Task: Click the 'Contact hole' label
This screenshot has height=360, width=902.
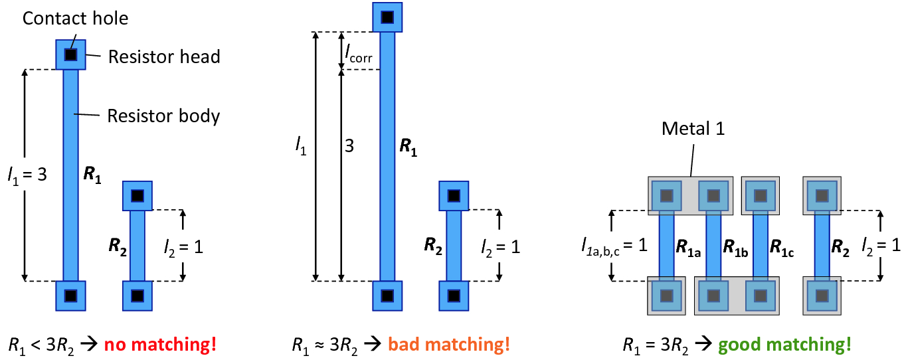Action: tap(75, 18)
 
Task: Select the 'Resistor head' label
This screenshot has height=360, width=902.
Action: tap(164, 57)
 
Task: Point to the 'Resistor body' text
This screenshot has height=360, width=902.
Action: tap(163, 116)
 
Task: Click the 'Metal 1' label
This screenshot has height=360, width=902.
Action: tap(693, 128)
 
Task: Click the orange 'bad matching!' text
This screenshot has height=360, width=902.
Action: tap(449, 345)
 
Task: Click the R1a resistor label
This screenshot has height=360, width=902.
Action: tap(688, 247)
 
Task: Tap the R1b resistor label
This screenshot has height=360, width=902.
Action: tap(735, 247)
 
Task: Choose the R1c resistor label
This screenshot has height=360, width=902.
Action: tap(782, 247)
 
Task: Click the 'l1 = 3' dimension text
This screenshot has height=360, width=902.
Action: tap(28, 175)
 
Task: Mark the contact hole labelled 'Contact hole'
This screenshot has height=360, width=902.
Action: tap(71, 54)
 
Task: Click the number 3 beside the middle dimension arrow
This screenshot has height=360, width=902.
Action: tap(349, 145)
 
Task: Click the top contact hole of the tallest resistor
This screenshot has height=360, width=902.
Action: tap(387, 17)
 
